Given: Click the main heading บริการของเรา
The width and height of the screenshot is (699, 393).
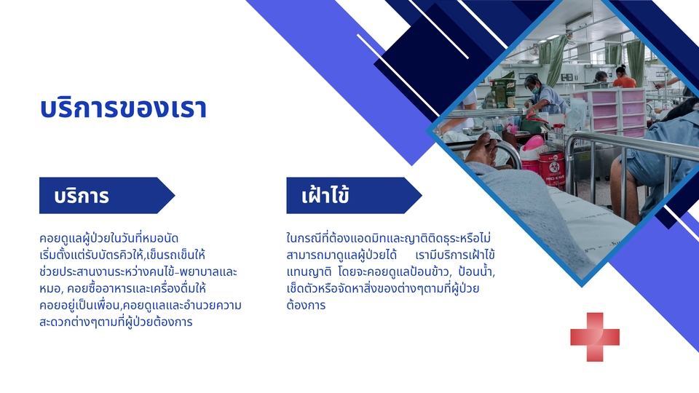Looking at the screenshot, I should (123, 108).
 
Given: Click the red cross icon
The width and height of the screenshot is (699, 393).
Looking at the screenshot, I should (595, 336).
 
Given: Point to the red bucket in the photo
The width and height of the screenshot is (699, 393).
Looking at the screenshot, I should (551, 167).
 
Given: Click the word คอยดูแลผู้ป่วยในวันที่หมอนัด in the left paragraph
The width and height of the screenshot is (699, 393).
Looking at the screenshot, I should (109, 239).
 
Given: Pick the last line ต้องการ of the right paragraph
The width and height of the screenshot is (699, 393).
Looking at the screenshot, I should (307, 306).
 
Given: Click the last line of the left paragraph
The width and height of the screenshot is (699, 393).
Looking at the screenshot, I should (116, 322).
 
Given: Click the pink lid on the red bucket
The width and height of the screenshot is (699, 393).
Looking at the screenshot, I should (534, 143).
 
